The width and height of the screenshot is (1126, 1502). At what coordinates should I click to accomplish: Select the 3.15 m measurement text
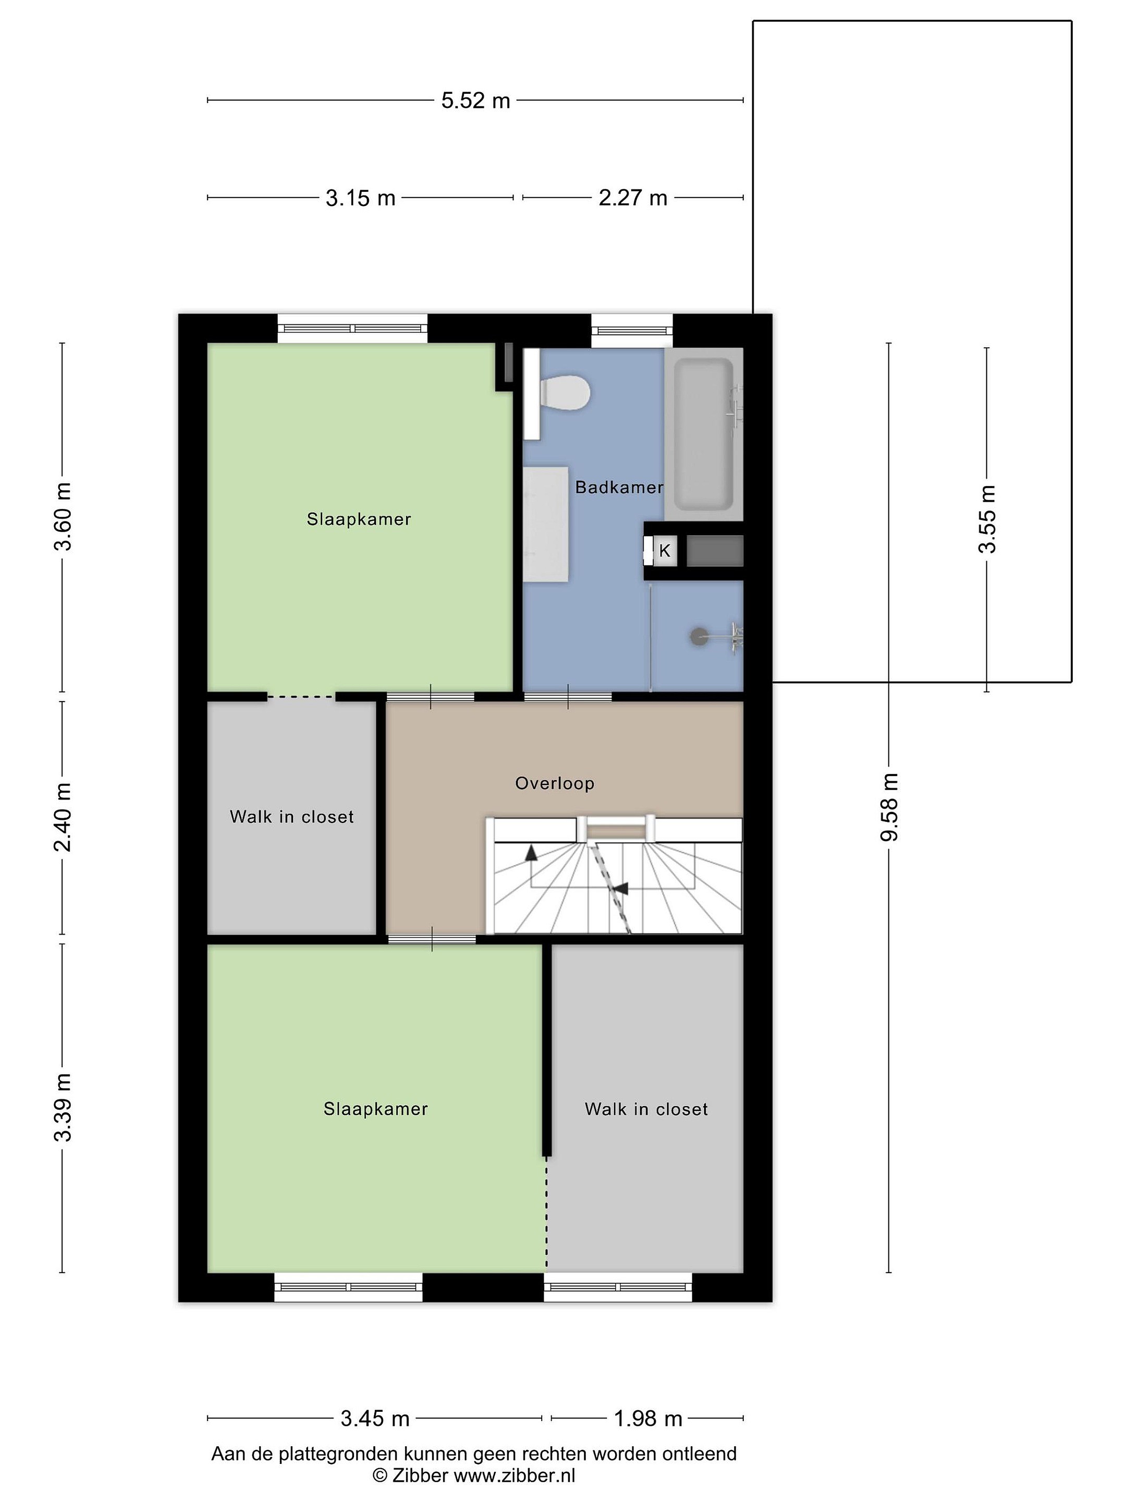tap(360, 198)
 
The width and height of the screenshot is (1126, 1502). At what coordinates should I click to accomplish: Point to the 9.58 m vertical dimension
tap(889, 807)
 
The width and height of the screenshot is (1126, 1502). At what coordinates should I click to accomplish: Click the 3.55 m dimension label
tap(987, 519)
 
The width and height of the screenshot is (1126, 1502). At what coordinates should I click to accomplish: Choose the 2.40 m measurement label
tap(63, 817)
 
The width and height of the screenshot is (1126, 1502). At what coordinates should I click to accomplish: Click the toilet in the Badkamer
tap(566, 393)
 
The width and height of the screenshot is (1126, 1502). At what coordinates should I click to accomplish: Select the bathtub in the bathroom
tap(704, 434)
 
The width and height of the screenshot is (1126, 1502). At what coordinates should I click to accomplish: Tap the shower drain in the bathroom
tap(699, 637)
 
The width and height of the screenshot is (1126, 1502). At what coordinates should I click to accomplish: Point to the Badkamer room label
tap(619, 487)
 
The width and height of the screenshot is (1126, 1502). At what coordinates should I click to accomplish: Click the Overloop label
tap(555, 783)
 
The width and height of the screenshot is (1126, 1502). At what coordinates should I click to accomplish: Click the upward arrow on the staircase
tap(531, 852)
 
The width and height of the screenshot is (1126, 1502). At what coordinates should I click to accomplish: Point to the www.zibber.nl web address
tap(514, 1475)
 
